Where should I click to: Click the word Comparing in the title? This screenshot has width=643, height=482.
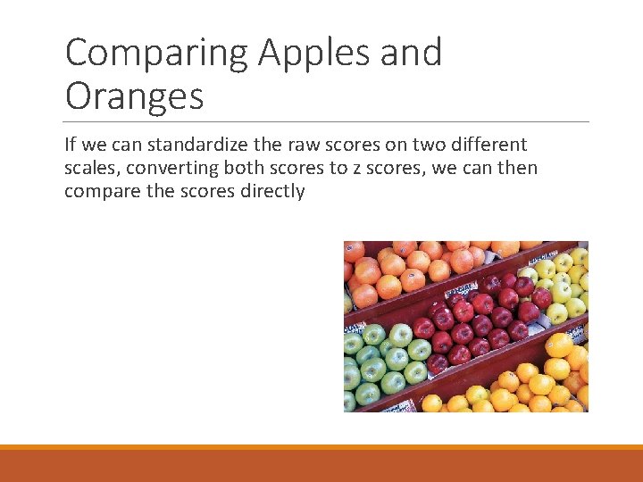(156, 54)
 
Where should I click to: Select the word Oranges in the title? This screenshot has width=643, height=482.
(134, 96)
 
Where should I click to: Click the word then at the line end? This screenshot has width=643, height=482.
(516, 168)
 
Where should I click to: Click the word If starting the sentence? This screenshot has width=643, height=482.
(71, 145)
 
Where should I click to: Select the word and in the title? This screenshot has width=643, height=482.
(412, 54)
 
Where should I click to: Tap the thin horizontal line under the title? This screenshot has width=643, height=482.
(327, 121)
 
